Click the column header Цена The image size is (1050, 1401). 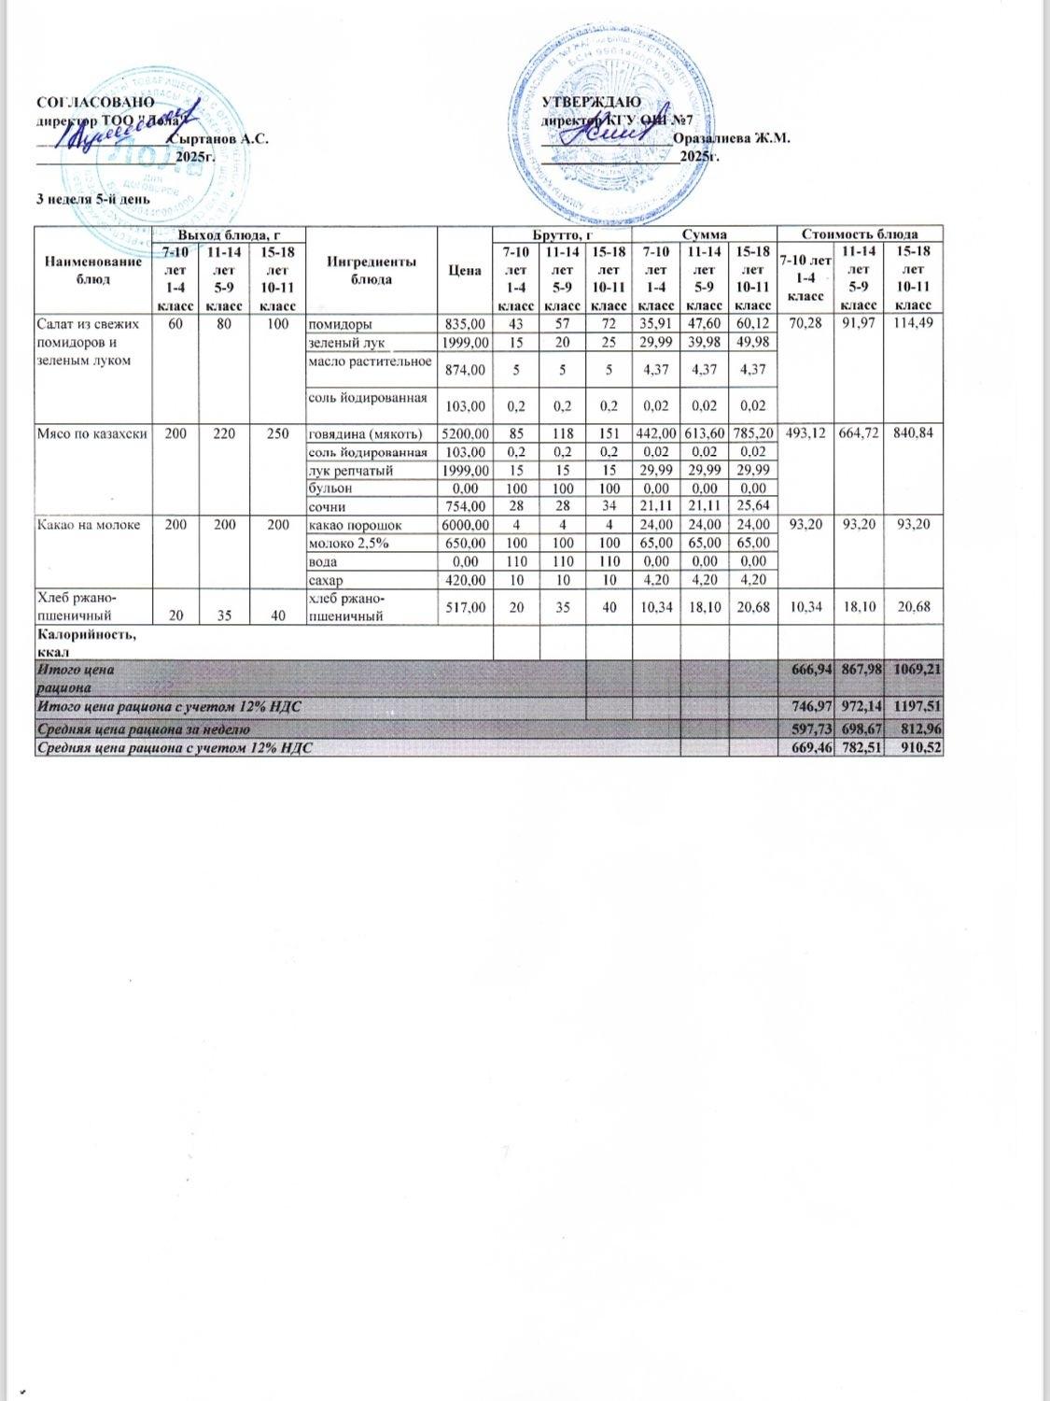(x=464, y=271)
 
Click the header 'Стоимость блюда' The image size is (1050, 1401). (x=860, y=233)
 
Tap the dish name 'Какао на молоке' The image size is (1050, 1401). (x=87, y=525)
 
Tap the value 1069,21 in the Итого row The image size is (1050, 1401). (x=918, y=671)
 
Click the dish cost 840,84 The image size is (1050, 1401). (x=918, y=433)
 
